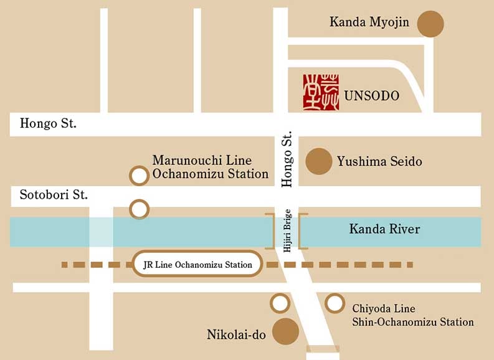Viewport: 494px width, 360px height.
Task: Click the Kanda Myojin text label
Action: tap(369, 23)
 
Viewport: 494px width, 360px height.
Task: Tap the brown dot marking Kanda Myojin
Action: tap(430, 24)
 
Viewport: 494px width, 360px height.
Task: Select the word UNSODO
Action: tap(372, 97)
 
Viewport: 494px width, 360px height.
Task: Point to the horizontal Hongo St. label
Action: tap(48, 123)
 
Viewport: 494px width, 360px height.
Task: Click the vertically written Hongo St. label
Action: tap(287, 159)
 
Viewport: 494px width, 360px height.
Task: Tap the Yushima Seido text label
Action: tap(379, 162)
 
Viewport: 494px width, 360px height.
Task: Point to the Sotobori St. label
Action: tap(54, 195)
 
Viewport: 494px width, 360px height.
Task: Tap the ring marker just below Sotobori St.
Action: tap(139, 209)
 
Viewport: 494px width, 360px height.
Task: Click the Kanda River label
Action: tap(384, 229)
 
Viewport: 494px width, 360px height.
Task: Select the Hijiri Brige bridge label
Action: tap(287, 230)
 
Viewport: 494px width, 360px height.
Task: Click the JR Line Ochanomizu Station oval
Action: tap(197, 265)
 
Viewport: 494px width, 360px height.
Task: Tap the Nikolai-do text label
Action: tap(236, 335)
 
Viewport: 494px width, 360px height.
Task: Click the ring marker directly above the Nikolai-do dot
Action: tap(280, 303)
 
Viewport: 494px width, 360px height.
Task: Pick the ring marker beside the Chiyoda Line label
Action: tap(335, 303)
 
